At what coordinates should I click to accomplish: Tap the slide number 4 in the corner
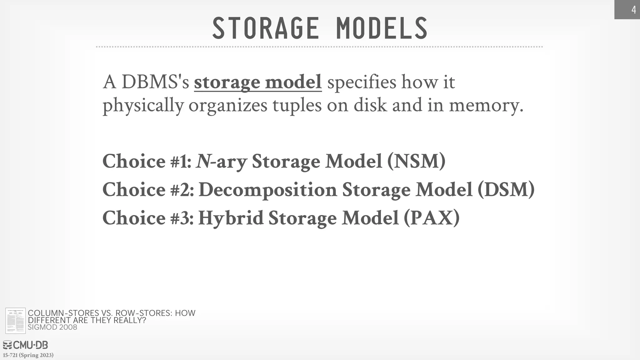(633, 10)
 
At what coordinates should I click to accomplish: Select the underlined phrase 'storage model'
(258, 82)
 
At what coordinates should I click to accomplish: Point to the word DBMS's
(155, 82)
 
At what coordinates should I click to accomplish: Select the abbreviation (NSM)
(416, 161)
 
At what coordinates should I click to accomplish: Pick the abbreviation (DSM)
(506, 190)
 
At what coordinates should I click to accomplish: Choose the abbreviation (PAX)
(432, 218)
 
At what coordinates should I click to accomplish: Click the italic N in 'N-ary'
(203, 161)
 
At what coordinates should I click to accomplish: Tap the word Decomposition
(268, 190)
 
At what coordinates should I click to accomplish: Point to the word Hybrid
(231, 218)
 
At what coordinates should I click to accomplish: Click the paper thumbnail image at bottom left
(15, 321)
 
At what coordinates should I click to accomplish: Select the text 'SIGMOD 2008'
(52, 327)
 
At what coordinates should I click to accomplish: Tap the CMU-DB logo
(25, 345)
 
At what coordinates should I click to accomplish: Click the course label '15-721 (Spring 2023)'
(28, 355)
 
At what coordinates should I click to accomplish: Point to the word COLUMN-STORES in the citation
(63, 313)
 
